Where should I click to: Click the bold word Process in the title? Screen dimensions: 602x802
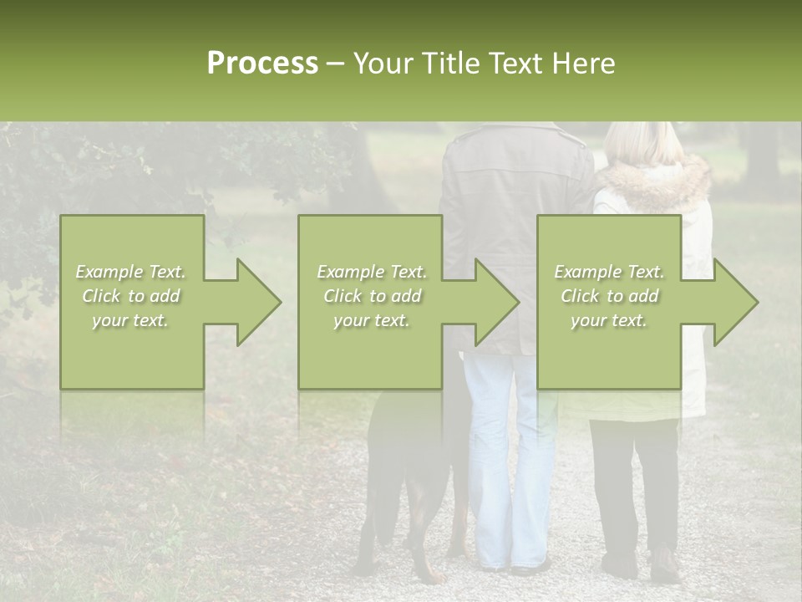[262, 64]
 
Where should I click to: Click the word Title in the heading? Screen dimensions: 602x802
[452, 64]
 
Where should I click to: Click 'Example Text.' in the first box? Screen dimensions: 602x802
[131, 272]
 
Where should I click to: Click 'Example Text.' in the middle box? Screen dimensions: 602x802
[372, 272]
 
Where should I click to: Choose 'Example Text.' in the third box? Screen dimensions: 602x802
[609, 272]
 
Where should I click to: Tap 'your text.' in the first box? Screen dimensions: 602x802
[131, 320]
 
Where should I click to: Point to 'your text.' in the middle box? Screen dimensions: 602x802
[372, 320]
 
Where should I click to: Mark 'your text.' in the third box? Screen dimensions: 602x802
[609, 320]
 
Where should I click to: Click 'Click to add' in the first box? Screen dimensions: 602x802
[131, 296]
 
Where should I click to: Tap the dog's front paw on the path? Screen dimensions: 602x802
[429, 575]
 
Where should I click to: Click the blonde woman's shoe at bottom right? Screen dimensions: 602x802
[665, 566]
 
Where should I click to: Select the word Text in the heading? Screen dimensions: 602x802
[517, 64]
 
